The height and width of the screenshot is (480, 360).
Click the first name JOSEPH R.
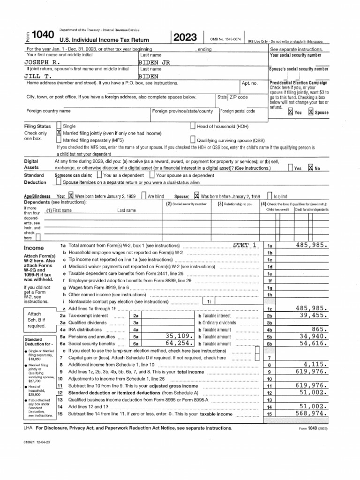point(42,62)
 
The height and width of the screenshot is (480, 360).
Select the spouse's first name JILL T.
point(38,75)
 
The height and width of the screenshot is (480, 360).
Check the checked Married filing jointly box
point(59,133)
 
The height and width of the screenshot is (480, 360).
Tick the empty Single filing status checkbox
point(59,126)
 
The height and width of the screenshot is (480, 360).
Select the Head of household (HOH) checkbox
point(193,126)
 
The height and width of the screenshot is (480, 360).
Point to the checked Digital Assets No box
point(310,167)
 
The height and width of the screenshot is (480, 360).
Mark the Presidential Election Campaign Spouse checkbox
point(310,112)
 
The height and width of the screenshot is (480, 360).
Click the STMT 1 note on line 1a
point(245,245)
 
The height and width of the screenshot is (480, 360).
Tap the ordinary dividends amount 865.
point(318,330)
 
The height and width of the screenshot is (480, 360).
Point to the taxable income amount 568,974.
point(311,414)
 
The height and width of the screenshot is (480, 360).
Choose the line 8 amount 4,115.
point(315,364)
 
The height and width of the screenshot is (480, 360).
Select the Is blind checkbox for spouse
point(270,196)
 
